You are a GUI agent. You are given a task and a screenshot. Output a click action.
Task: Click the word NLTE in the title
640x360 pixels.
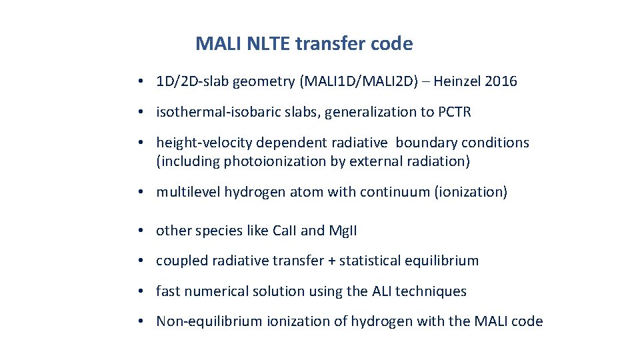click(x=269, y=44)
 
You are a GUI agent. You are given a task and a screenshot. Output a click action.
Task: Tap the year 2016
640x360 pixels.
click(x=501, y=82)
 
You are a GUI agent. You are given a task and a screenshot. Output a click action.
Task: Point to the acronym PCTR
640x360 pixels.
click(x=454, y=112)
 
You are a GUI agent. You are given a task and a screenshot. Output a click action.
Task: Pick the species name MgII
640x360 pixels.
click(x=343, y=231)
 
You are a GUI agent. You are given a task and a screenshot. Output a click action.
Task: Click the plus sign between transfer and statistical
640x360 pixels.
click(x=331, y=261)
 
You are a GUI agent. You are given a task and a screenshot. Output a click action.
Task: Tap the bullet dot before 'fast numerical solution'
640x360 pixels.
click(x=143, y=291)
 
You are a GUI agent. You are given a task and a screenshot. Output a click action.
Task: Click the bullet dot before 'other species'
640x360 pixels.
click(x=143, y=231)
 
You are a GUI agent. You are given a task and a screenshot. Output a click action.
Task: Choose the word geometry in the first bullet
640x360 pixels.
click(x=270, y=82)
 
